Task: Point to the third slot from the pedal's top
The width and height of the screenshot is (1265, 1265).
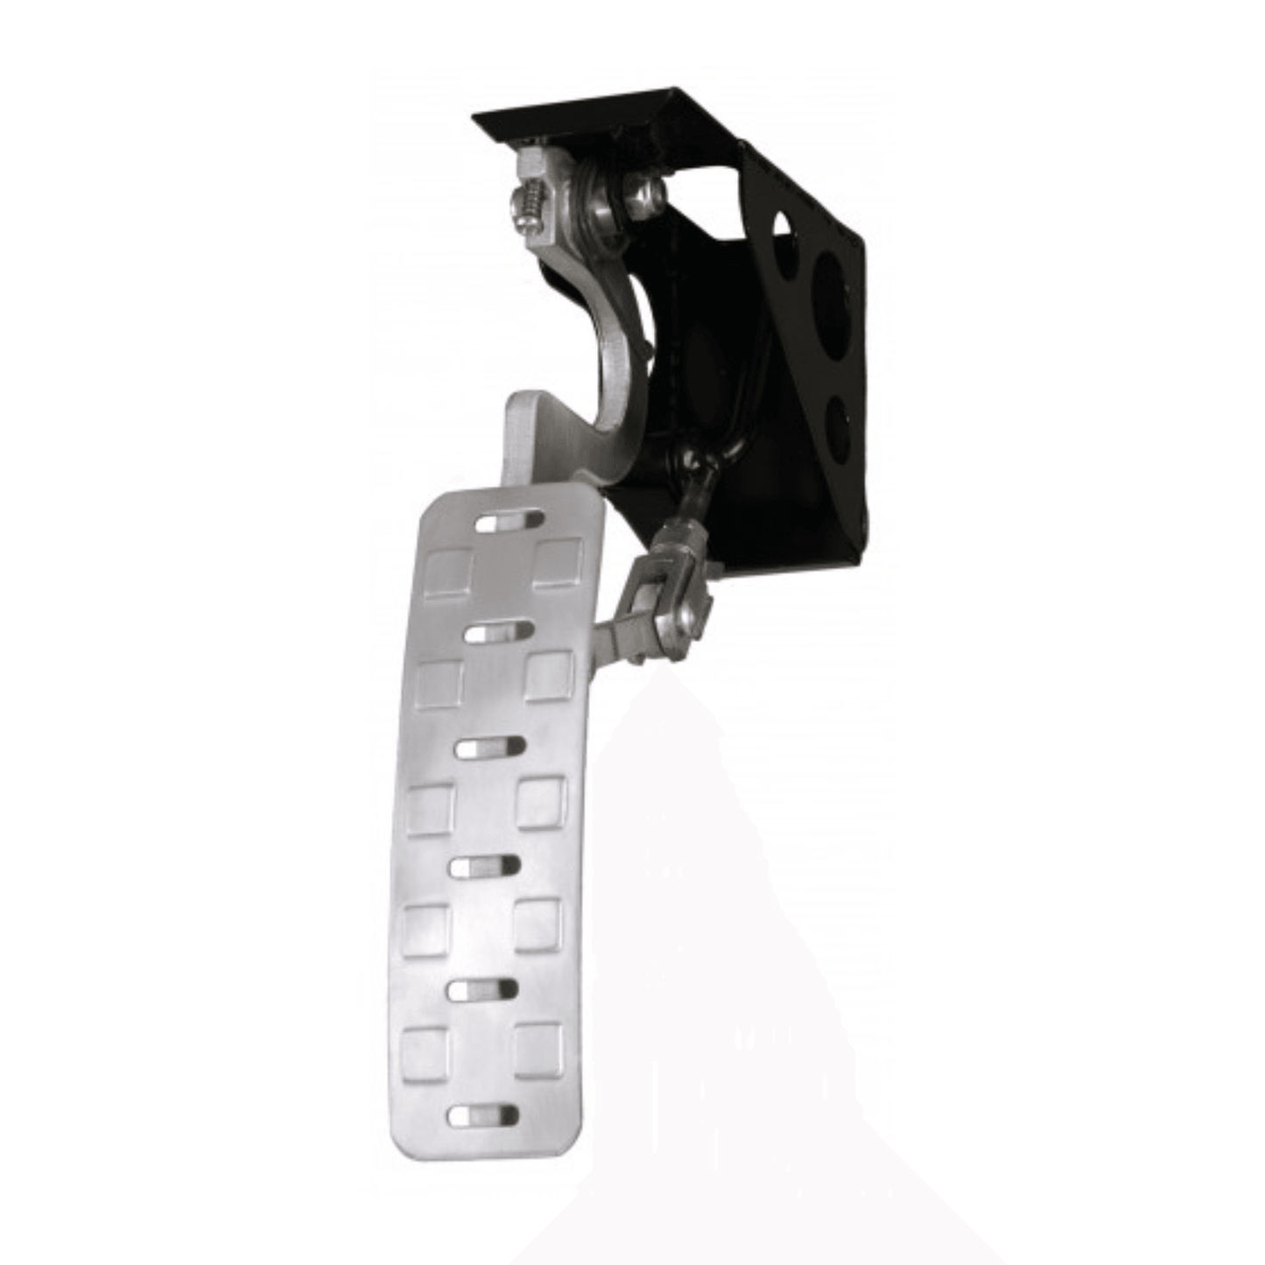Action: [x=490, y=748]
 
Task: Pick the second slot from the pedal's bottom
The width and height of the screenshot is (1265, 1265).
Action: [x=482, y=988]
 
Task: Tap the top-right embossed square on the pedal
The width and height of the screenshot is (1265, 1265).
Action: [x=559, y=561]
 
